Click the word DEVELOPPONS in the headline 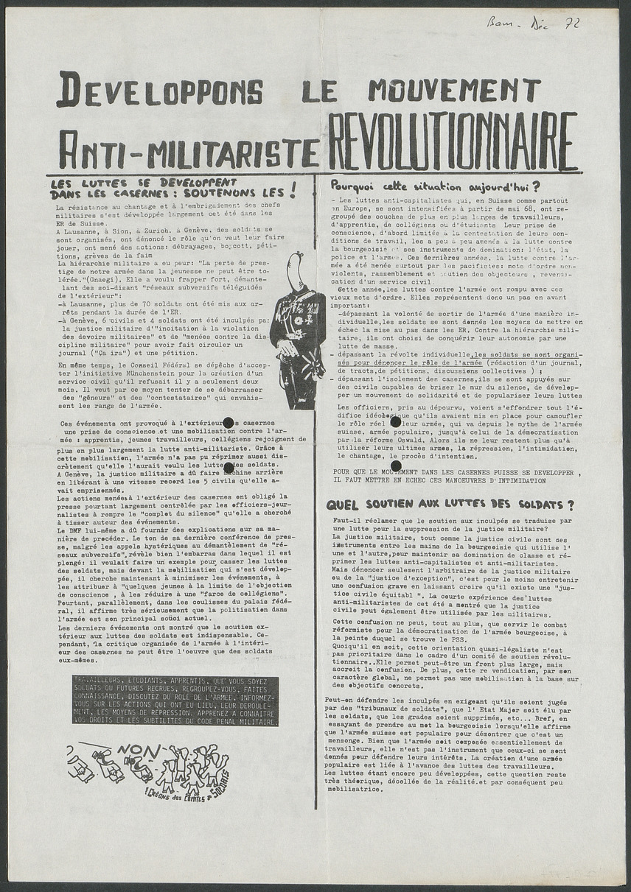[159, 90]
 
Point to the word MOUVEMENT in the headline [454, 89]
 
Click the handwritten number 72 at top [571, 24]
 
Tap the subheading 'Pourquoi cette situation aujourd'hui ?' [435, 186]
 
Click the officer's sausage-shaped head [295, 271]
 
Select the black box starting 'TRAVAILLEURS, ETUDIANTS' [175, 700]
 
